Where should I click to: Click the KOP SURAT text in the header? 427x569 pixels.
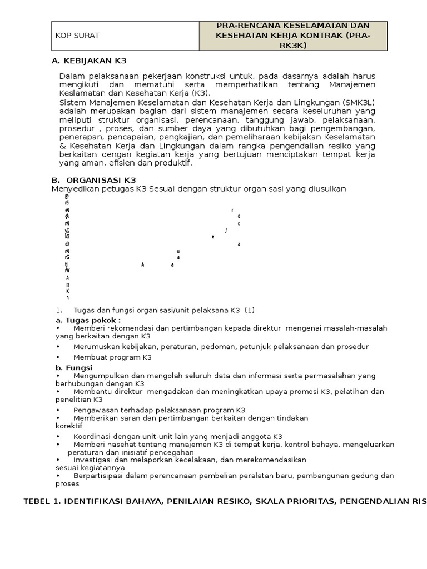coord(77,36)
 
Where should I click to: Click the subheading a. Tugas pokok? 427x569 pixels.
coord(88,321)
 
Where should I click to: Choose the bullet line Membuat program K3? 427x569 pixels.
coord(112,357)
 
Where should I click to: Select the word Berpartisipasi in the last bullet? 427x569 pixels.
coord(99,476)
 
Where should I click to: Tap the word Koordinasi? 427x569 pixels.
coord(94,437)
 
